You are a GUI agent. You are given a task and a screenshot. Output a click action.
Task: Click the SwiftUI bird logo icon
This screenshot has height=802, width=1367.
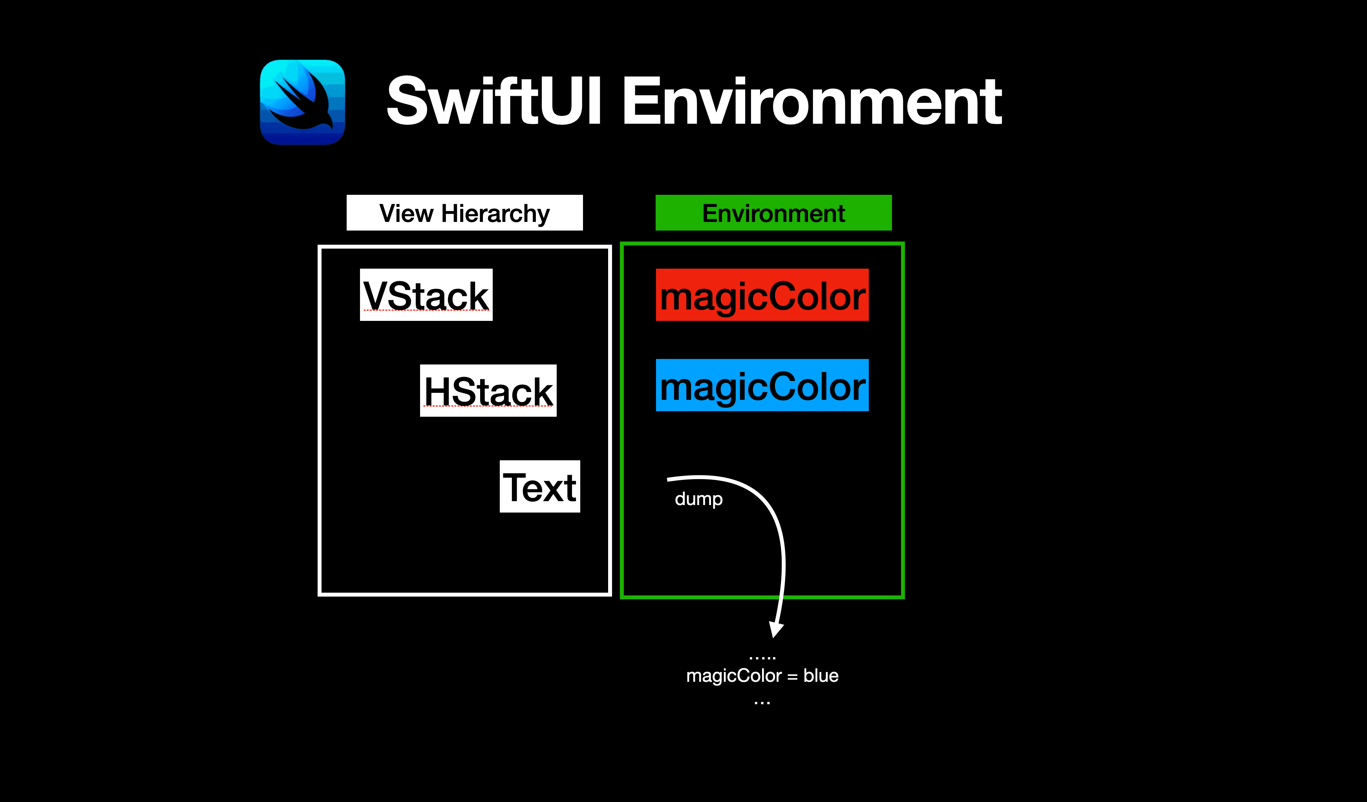coord(302,102)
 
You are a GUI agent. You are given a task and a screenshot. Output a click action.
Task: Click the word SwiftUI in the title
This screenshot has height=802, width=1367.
coord(493,101)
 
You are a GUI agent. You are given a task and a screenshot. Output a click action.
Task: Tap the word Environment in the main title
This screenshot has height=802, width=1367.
coord(812,101)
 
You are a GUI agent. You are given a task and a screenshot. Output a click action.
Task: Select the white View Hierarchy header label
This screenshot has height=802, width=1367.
coord(464,213)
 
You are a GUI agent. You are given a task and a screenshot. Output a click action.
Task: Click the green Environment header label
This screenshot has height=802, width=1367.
coord(773,213)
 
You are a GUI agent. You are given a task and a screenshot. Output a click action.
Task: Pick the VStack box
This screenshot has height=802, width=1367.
coord(426,295)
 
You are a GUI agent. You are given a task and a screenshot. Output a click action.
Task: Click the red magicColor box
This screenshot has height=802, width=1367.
coord(762,295)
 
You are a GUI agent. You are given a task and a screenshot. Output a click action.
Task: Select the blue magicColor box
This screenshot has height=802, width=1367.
coord(762,385)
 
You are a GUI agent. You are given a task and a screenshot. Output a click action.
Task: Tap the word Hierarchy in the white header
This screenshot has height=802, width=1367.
coord(495,213)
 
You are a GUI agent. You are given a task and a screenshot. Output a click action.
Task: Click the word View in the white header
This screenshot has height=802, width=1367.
coord(406,213)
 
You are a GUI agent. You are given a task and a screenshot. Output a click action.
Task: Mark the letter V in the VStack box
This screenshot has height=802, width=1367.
coord(374,296)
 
